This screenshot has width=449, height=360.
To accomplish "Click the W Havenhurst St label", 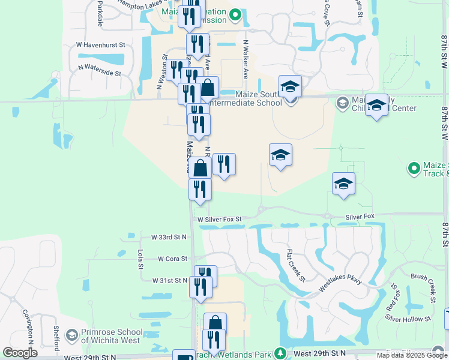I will [x=100, y=44].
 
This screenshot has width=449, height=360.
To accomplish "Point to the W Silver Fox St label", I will [x=219, y=220].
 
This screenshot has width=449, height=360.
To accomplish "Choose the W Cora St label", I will [x=173, y=259].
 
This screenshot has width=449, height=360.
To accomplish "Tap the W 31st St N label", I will [x=170, y=280].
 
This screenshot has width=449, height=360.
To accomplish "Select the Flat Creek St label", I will [x=296, y=265].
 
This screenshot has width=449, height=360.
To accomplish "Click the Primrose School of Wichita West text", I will [x=112, y=336].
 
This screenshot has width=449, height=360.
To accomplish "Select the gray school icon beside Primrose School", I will [x=71, y=334].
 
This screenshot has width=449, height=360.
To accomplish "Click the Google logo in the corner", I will [x=20, y=353].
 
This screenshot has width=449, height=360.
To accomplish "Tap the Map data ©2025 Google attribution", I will [x=412, y=355].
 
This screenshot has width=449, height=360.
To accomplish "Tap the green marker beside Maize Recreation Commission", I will [x=236, y=14].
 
